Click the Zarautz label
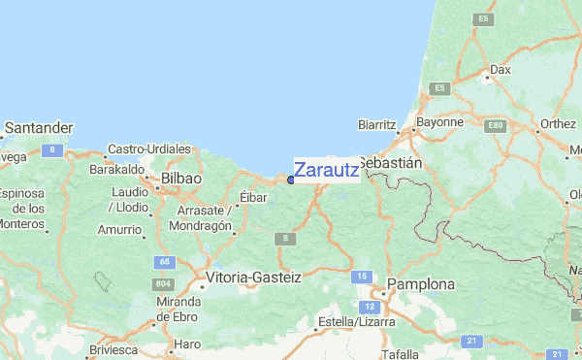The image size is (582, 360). point(326,170)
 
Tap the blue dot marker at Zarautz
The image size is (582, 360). point(291,180)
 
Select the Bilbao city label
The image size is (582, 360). point(181,180)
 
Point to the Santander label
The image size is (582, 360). point(38,128)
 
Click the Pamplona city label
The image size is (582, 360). point(421,284)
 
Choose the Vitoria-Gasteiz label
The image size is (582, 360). point(254,278)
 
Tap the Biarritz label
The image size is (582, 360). point(378,125)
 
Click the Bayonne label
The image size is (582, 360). point(439,123)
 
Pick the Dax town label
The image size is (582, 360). point(501,70)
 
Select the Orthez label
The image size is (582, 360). point(558,124)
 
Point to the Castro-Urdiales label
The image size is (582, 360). point(149,148)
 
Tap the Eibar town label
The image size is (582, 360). point(253,197)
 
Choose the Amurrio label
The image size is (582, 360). point(119,230)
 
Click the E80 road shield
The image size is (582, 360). point(497,126)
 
